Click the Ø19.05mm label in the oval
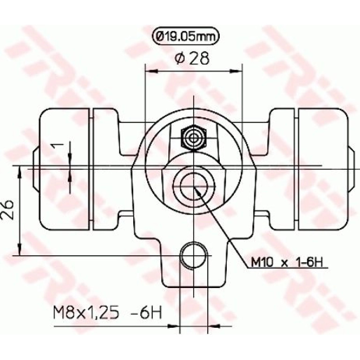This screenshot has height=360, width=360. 186,36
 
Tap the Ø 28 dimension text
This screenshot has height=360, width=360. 192,58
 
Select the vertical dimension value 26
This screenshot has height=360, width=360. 7,210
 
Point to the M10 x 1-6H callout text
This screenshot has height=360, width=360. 287,262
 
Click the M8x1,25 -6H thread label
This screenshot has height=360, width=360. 108,312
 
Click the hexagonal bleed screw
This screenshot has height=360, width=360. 194,138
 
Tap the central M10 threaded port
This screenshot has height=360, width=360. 194,186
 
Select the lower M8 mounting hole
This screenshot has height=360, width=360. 193,255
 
